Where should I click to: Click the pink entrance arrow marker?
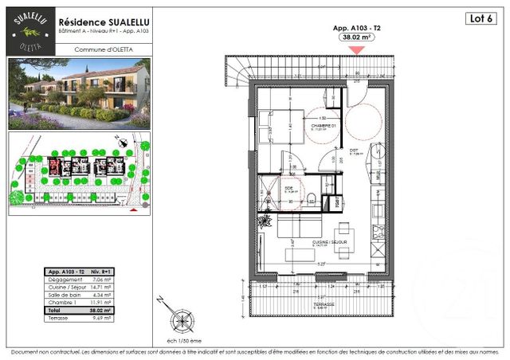pyautogui.click(x=358, y=49)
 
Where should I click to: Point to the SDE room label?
pyautogui.click(x=288, y=188)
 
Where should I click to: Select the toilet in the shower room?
pyautogui.click(x=316, y=198)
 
